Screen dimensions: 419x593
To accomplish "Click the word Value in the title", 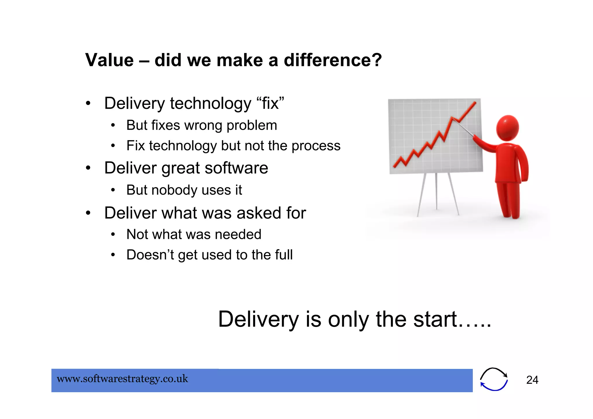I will click(109, 60).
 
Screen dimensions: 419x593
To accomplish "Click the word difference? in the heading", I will click(333, 60).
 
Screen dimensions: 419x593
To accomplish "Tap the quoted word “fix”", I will click(270, 103).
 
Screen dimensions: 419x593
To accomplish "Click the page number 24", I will click(532, 380).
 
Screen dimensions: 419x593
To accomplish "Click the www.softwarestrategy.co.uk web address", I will click(122, 379).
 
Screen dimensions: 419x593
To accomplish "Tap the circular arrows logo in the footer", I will click(494, 379).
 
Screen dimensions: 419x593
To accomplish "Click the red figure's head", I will click(507, 128).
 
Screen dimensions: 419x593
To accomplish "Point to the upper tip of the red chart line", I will click(475, 102).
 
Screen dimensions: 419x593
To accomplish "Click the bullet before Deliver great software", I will click(88, 168).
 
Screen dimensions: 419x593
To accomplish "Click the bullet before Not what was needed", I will click(113, 234).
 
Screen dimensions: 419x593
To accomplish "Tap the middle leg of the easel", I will click(436, 191).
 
